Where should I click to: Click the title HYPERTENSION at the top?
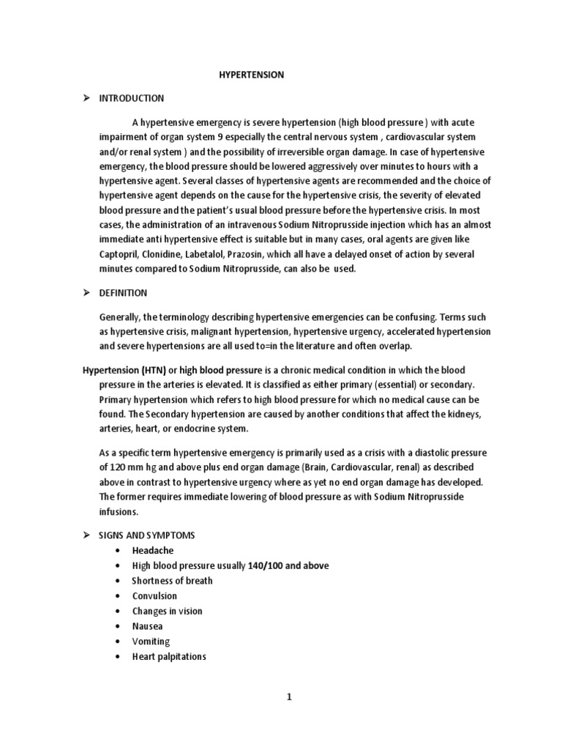252,75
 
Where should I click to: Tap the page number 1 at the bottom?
289,697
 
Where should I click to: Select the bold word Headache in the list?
153,550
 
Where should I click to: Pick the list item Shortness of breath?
172,581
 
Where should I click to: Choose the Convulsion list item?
154,596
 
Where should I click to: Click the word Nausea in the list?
148,626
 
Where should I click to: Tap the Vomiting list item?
151,642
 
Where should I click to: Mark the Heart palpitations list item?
169,657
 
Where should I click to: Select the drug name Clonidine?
171,254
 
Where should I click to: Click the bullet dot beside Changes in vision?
117,612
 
